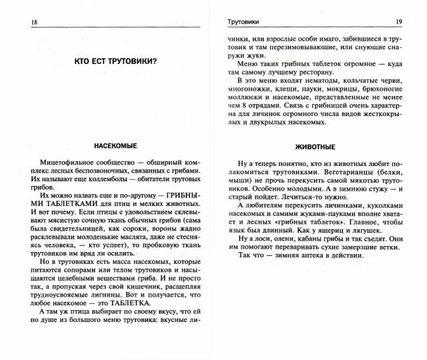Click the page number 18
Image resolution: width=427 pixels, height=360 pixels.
(x=17, y=22)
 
